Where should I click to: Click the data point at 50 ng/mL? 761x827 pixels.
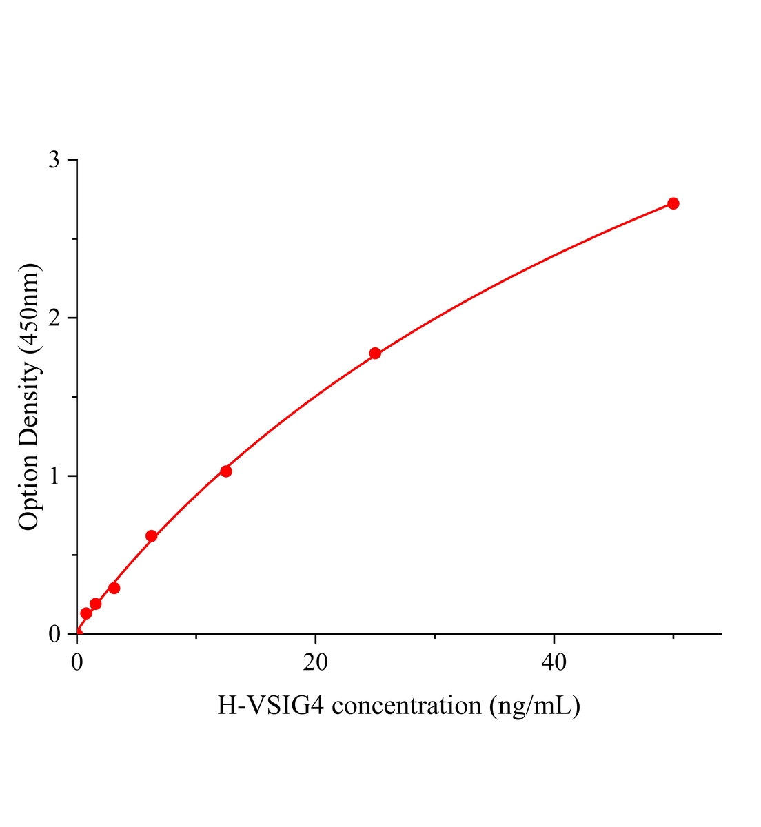pyautogui.click(x=673, y=203)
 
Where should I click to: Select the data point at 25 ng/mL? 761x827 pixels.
pyautogui.click(x=375, y=353)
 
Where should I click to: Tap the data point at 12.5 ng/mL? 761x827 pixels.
pyautogui.click(x=226, y=471)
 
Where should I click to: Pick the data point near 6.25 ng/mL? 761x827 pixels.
pyautogui.click(x=152, y=536)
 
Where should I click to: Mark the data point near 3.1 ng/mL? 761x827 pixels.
pyautogui.click(x=114, y=588)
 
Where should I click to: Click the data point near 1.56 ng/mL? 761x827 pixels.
pyautogui.click(x=96, y=604)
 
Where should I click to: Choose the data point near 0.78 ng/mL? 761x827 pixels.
pyautogui.click(x=86, y=613)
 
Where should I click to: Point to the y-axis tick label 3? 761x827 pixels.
pyautogui.click(x=54, y=161)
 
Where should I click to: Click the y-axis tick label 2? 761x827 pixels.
pyautogui.click(x=54, y=318)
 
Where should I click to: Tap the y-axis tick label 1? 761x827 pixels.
pyautogui.click(x=54, y=476)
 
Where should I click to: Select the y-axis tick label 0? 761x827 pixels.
pyautogui.click(x=54, y=634)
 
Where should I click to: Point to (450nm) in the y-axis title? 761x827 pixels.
pyautogui.click(x=30, y=310)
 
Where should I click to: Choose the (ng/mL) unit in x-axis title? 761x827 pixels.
pyautogui.click(x=534, y=706)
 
